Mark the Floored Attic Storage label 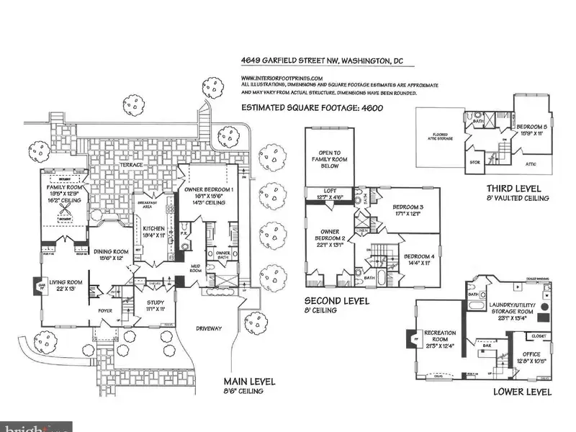(441, 135)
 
